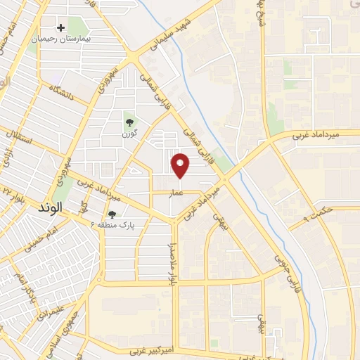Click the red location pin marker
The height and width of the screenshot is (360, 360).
181,165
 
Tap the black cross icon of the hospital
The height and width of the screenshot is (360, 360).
61,27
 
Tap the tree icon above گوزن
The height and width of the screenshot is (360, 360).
128,117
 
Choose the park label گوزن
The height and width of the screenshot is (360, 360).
128,132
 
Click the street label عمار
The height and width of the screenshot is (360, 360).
175,191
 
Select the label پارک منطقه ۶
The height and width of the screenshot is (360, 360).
112,225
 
